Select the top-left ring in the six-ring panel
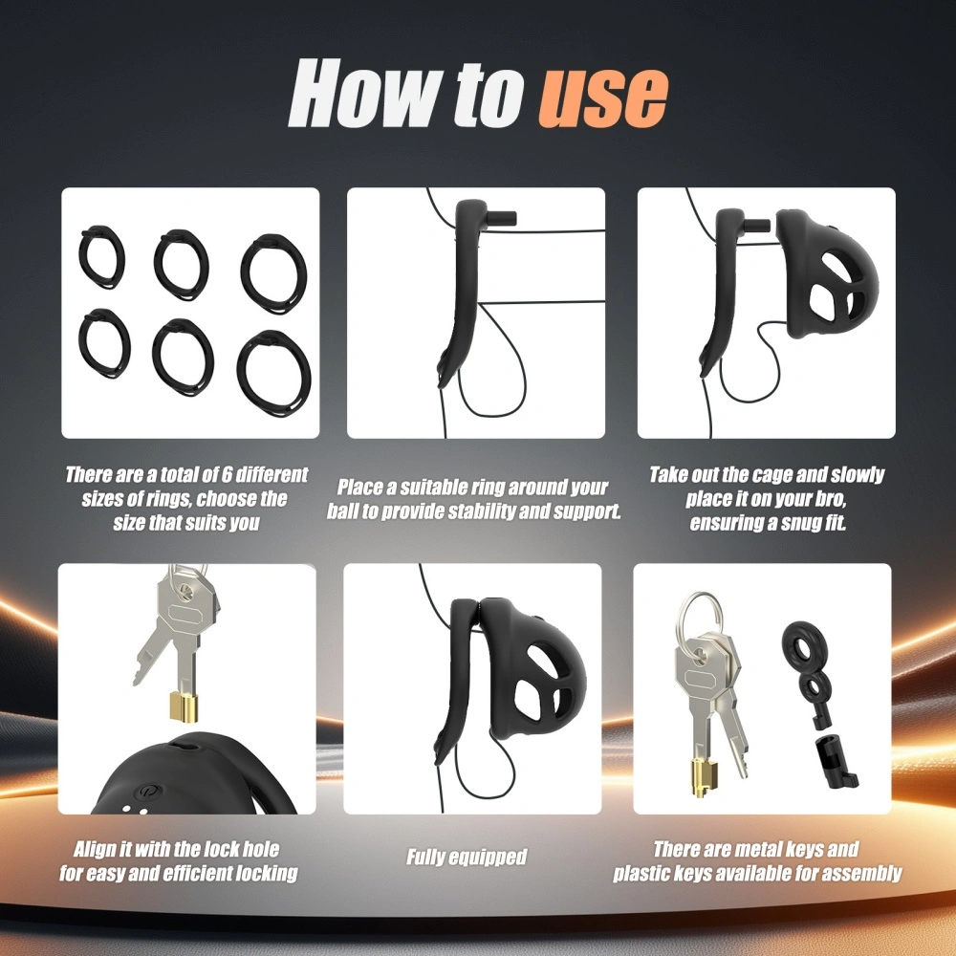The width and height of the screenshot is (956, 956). pos(102,257)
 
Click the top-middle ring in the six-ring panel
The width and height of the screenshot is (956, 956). pos(181,265)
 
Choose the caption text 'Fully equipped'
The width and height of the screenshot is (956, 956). pos(467,858)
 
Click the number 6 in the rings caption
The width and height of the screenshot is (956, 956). pos(227,474)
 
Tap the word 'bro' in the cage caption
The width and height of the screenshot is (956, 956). pos(831,499)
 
